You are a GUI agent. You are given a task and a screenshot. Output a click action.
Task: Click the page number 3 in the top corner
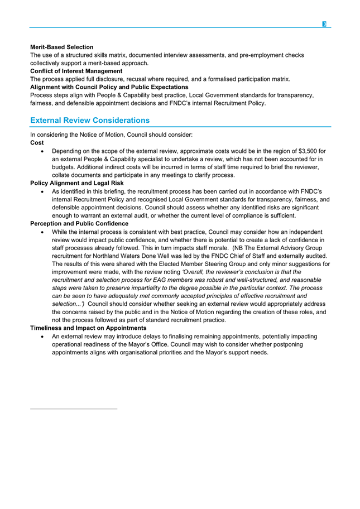click(x=324, y=24)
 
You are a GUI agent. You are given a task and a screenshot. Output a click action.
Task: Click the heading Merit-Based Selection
click(x=61, y=47)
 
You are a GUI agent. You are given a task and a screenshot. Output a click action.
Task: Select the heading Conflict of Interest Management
click(x=76, y=71)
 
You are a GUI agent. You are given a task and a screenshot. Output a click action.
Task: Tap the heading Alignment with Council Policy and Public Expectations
click(x=109, y=87)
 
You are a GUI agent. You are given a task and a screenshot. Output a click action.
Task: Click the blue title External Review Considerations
click(x=90, y=120)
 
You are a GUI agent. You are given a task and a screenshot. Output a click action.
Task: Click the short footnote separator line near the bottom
click(x=74, y=409)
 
